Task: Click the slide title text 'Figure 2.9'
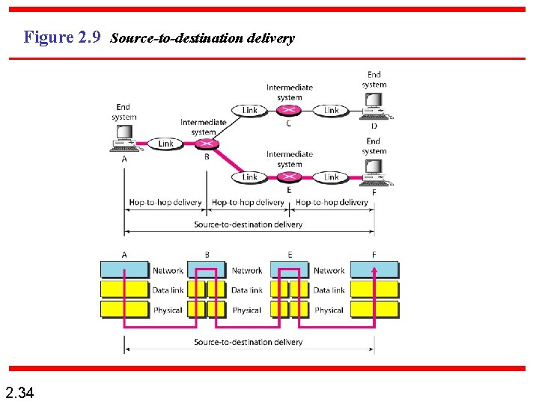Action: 62,37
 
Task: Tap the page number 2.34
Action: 19,392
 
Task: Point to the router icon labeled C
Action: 289,110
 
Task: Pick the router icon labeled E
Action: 289,177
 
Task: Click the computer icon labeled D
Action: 374,108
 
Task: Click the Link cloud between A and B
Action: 165,144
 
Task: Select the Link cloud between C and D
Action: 332,110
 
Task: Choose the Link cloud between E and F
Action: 332,177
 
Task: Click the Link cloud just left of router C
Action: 250,110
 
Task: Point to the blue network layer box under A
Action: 125,270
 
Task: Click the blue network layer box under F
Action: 374,270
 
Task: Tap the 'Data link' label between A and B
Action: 168,290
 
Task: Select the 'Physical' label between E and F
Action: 329,310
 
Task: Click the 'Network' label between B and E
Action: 247,271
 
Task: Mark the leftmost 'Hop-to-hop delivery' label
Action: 165,202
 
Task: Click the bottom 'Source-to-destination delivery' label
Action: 249,342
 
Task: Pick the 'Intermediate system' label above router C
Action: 289,92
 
